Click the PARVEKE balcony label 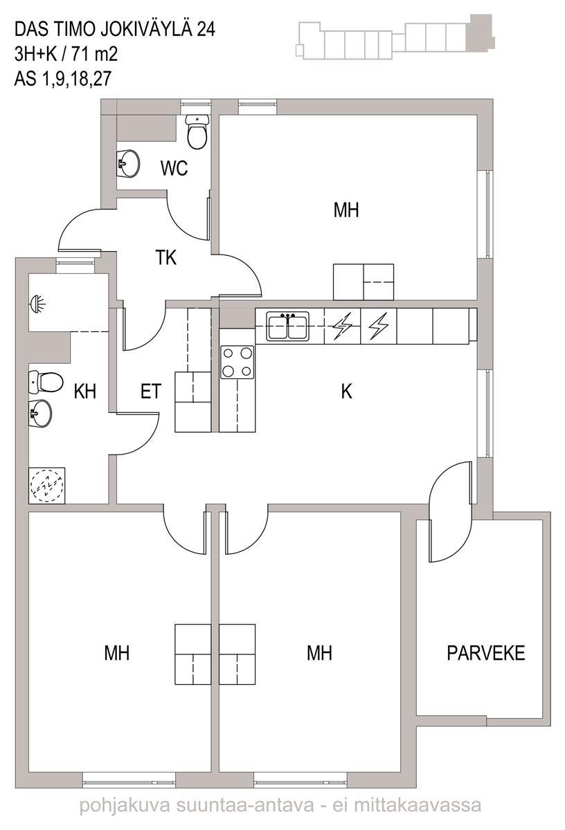[x=486, y=653]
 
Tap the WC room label [x=174, y=168]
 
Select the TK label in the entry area [x=165, y=257]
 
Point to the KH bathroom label [x=85, y=391]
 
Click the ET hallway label [x=151, y=391]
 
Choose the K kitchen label [x=346, y=391]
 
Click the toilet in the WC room [x=197, y=131]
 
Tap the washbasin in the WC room [x=128, y=163]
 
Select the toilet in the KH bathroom [x=45, y=382]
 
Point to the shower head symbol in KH [x=38, y=303]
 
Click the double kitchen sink [x=287, y=326]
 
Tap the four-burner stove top [x=237, y=362]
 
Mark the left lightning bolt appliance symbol [x=343, y=326]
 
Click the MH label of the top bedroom [x=346, y=210]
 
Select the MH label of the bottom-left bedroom [x=117, y=653]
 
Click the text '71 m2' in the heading [x=95, y=55]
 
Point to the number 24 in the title [x=206, y=30]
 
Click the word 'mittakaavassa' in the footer [x=418, y=813]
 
